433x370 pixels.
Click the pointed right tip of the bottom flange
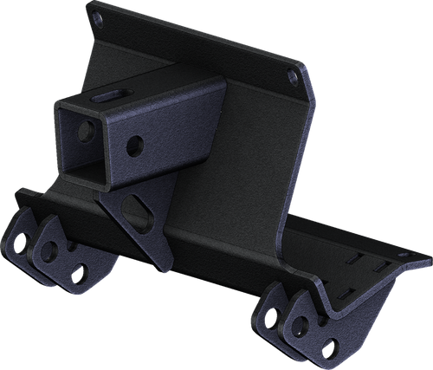(430, 257)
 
